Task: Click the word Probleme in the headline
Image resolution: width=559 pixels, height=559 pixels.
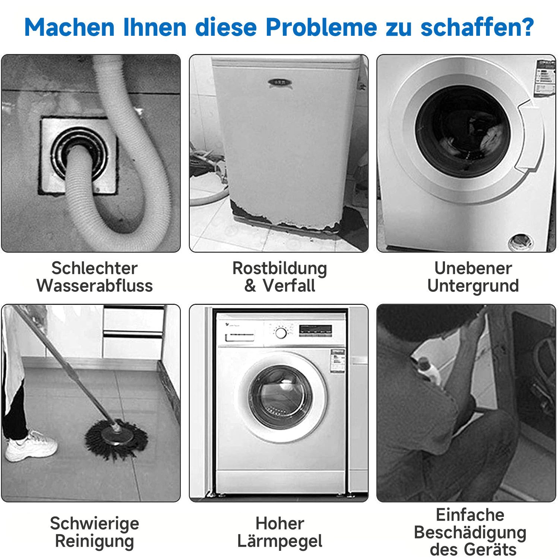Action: pos(321,28)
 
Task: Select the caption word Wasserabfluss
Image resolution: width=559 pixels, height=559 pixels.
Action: pos(95,286)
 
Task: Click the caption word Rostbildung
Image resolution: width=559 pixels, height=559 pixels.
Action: pos(279,268)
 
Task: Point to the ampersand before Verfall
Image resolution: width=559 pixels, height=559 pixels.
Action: pos(250,286)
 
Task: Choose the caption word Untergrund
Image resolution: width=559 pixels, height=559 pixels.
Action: pos(473,286)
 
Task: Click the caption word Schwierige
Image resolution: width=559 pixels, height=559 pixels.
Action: pos(95,523)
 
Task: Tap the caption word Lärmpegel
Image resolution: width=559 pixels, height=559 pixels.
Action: pos(279,541)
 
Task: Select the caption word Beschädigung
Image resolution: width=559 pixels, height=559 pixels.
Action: pos(470,532)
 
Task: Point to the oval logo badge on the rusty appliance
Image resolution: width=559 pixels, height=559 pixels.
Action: pos(279,82)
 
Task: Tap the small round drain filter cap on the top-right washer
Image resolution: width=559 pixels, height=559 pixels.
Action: pos(521,241)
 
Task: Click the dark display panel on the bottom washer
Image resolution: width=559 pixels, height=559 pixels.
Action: pos(315,330)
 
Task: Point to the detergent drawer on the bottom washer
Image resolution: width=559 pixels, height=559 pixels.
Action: pos(240,337)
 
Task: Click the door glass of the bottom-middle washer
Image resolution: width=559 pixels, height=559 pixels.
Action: pos(280,397)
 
